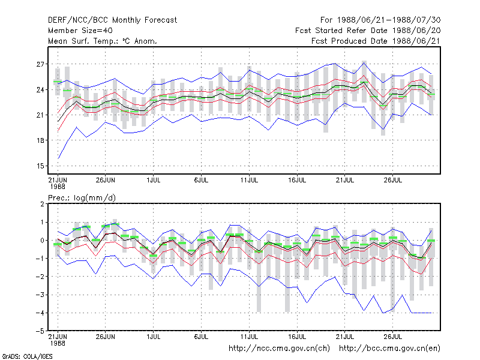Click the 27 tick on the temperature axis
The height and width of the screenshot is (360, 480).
click(40, 64)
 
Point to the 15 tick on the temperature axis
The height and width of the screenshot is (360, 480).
click(40, 166)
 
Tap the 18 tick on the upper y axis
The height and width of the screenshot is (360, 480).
click(40, 140)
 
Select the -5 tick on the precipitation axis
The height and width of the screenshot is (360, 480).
click(40, 331)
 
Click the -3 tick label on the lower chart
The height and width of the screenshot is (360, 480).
click(40, 295)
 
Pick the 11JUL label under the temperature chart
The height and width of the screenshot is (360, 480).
click(249, 181)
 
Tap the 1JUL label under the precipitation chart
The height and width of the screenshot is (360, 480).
click(154, 337)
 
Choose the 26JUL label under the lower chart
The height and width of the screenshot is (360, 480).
click(393, 337)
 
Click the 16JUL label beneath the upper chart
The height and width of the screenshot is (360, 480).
click(297, 181)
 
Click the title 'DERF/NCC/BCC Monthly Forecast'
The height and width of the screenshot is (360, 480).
click(112, 20)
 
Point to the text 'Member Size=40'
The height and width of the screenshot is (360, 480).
click(80, 31)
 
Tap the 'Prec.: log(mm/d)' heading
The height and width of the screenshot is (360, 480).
click(82, 198)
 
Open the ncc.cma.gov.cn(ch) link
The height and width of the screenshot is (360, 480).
click(279, 349)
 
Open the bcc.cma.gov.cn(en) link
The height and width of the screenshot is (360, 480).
click(389, 349)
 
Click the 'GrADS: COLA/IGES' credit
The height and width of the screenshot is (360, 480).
click(27, 356)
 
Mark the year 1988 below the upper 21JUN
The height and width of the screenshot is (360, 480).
click(58, 187)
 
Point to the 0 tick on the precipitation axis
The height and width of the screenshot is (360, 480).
click(42, 241)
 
